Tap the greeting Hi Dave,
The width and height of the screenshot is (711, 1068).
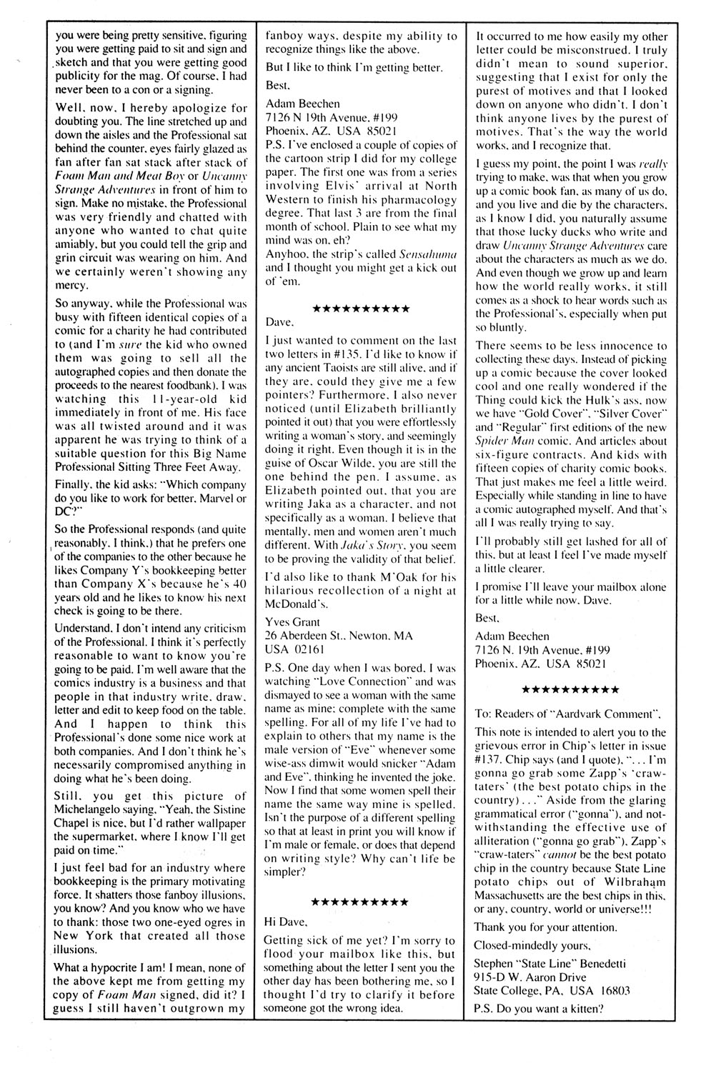coord(286,922)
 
